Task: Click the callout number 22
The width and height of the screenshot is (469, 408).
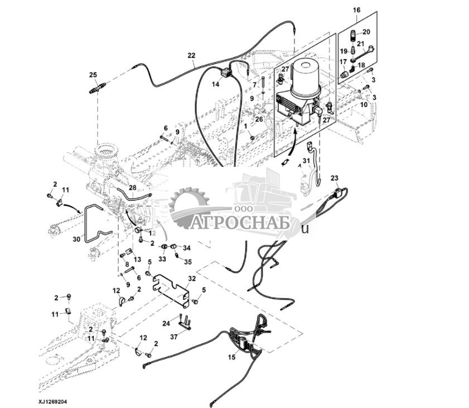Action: pyautogui.click(x=191, y=55)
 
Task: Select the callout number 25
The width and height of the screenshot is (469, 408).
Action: pyautogui.click(x=93, y=75)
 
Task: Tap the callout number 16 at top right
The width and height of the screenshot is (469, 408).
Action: pyautogui.click(x=357, y=10)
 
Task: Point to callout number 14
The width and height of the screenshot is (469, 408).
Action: pyautogui.click(x=215, y=84)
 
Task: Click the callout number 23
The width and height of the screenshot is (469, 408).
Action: pyautogui.click(x=334, y=179)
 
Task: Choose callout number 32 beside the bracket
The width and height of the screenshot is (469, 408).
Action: pyautogui.click(x=192, y=277)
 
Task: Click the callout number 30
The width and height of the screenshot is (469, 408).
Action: pyautogui.click(x=76, y=239)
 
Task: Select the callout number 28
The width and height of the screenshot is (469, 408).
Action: pyautogui.click(x=132, y=188)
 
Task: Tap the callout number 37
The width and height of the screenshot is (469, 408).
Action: pyautogui.click(x=173, y=337)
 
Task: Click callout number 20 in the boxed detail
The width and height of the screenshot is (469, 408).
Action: pyautogui.click(x=366, y=32)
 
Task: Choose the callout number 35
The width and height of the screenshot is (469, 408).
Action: pyautogui.click(x=187, y=261)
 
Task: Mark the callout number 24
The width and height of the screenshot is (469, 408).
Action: pyautogui.click(x=166, y=323)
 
